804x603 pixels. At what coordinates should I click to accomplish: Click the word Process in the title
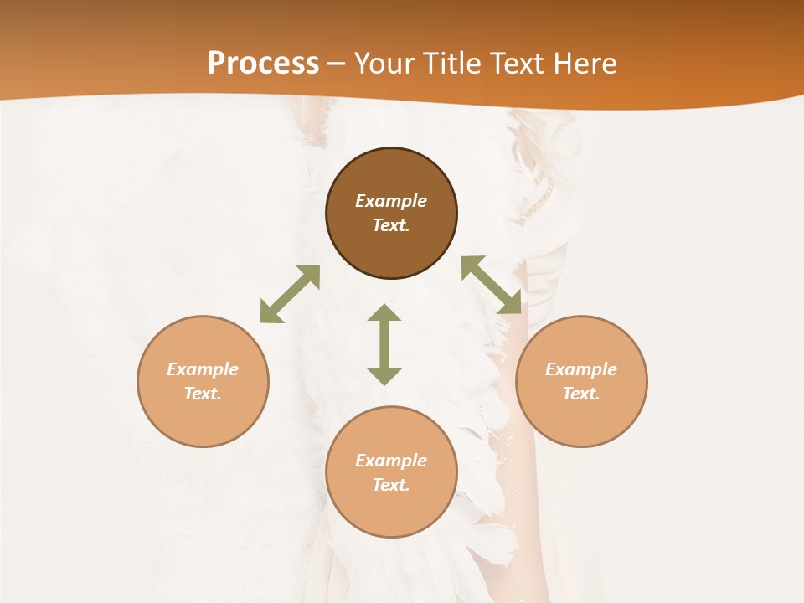(263, 63)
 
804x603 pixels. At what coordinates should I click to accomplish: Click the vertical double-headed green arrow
(384, 344)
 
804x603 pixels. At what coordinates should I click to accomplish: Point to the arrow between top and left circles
(290, 294)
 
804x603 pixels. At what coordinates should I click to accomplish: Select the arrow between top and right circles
(492, 285)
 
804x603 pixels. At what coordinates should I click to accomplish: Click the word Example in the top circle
(391, 201)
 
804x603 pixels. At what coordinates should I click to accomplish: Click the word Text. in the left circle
(203, 394)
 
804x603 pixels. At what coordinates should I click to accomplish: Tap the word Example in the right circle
(581, 369)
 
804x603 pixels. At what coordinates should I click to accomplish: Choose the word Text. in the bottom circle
(391, 485)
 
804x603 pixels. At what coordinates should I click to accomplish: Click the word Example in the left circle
(203, 369)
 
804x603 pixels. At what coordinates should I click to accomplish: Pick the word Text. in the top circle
(391, 225)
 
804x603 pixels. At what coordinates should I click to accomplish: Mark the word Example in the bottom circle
(391, 461)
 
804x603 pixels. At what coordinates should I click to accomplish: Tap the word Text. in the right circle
(581, 394)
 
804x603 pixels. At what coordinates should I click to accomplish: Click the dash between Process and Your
(337, 64)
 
